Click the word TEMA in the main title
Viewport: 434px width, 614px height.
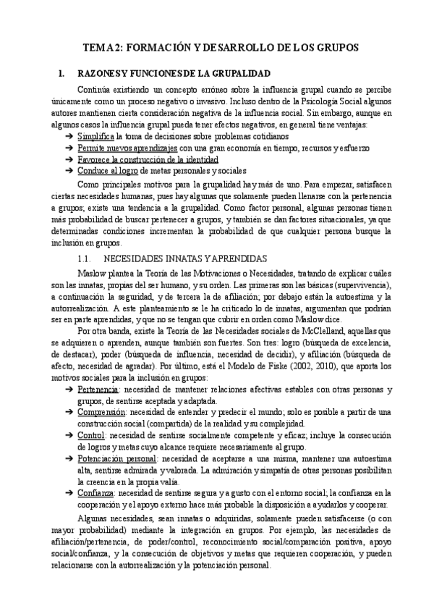click(97, 47)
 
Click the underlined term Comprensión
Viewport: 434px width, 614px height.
click(101, 412)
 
